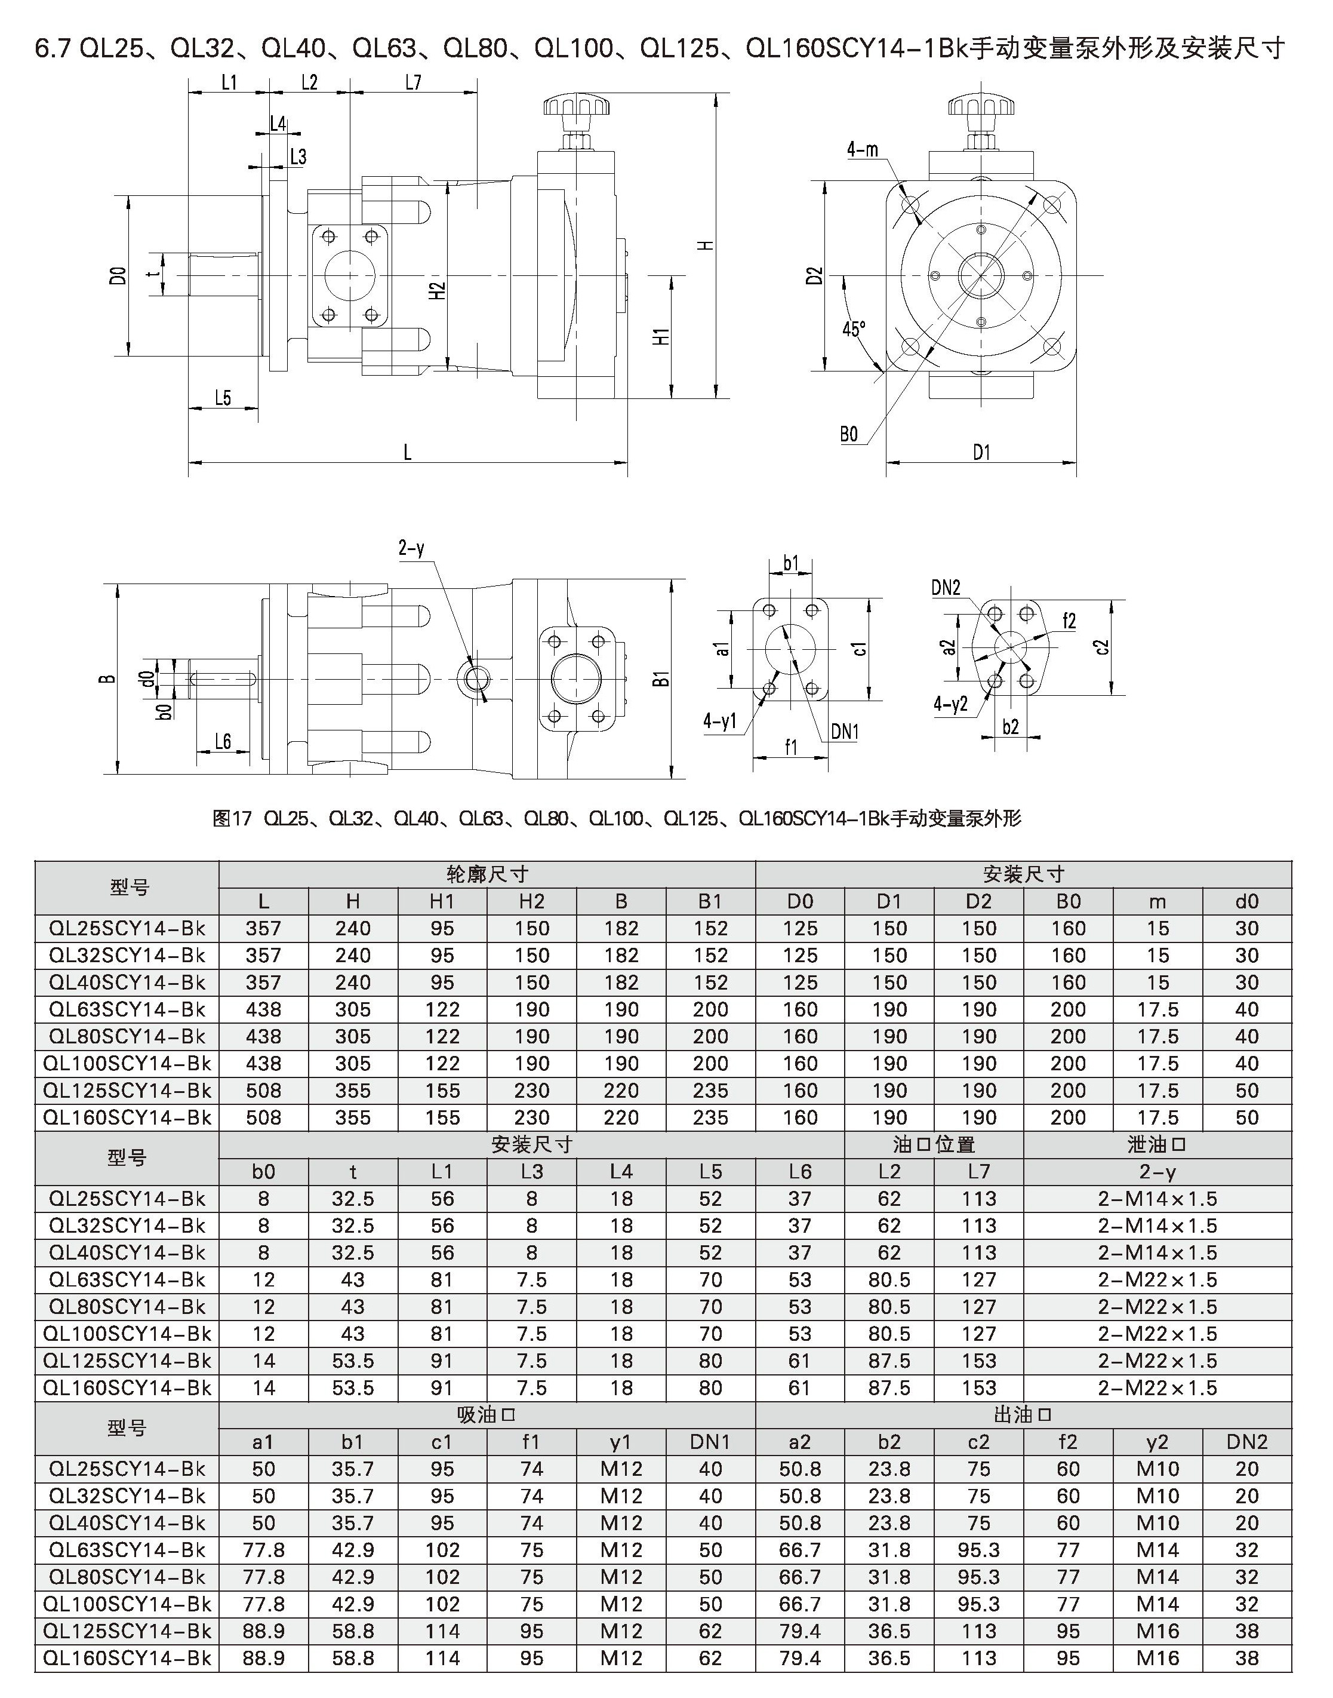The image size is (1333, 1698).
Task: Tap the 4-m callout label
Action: click(863, 150)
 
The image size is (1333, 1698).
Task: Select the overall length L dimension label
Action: click(407, 452)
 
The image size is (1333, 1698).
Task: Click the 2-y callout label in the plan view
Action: click(411, 548)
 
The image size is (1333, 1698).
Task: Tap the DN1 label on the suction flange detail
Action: click(845, 732)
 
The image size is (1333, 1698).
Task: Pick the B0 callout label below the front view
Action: click(849, 434)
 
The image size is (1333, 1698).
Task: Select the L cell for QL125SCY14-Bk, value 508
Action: click(264, 1091)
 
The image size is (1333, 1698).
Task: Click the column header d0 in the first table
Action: click(1246, 902)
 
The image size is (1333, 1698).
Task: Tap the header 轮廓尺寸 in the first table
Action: click(487, 874)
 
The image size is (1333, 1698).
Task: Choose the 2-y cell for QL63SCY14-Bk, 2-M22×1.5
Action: click(1157, 1279)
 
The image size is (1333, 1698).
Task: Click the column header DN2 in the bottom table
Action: click(1246, 1442)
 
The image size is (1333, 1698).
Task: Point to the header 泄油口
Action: click(1157, 1144)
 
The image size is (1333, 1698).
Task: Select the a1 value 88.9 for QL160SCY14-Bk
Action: click(264, 1658)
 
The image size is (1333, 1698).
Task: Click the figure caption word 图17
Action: click(232, 818)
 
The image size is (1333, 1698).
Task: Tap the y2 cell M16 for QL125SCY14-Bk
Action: click(1157, 1631)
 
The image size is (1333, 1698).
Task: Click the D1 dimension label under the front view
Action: click(981, 452)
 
